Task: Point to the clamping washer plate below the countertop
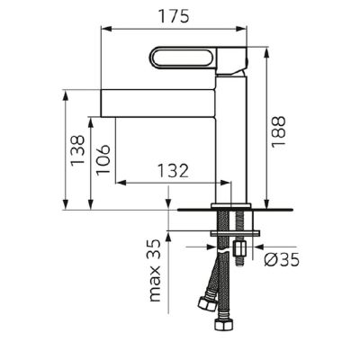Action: coord(235,235)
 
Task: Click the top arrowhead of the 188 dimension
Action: coord(265,48)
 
